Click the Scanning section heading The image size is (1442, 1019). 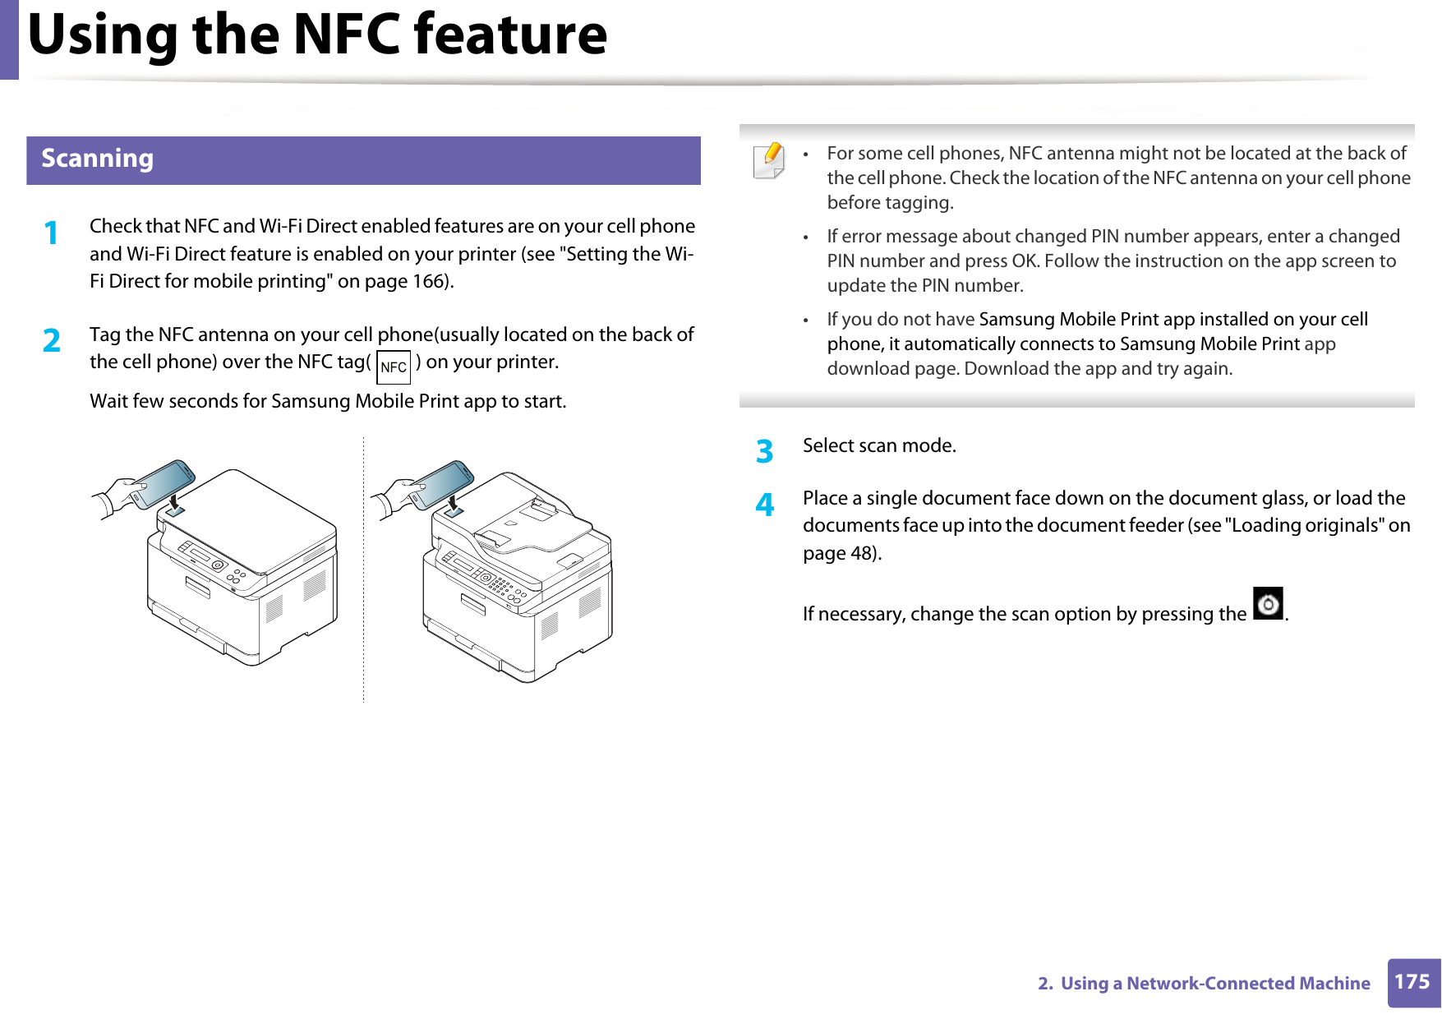pyautogui.click(x=97, y=159)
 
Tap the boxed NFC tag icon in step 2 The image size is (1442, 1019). pyautogui.click(x=394, y=367)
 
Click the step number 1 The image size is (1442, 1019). pyautogui.click(x=51, y=233)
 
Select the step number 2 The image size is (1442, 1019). pyautogui.click(x=52, y=341)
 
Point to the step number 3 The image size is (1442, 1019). pyautogui.click(x=764, y=452)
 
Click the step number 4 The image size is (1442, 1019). pyautogui.click(x=764, y=505)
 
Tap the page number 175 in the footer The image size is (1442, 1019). pyautogui.click(x=1412, y=982)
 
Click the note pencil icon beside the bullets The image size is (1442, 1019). pyautogui.click(x=769, y=160)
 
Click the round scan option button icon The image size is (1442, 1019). pyautogui.click(x=1268, y=604)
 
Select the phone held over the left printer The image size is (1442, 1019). pyautogui.click(x=161, y=483)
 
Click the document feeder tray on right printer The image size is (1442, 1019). pyautogui.click(x=534, y=526)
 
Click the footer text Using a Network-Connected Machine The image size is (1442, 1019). pyautogui.click(x=1214, y=984)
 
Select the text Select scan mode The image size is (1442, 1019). pyautogui.click(x=879, y=446)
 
